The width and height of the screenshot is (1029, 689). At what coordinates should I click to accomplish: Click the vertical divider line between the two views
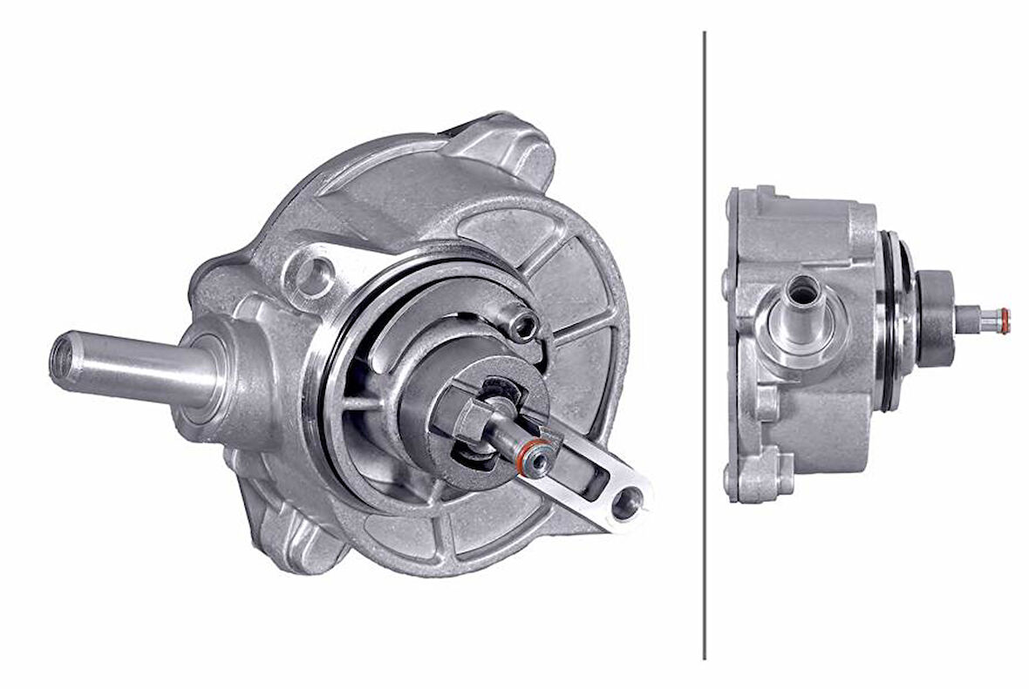coord(704,348)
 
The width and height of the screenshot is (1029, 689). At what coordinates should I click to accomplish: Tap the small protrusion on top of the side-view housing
coord(766,193)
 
